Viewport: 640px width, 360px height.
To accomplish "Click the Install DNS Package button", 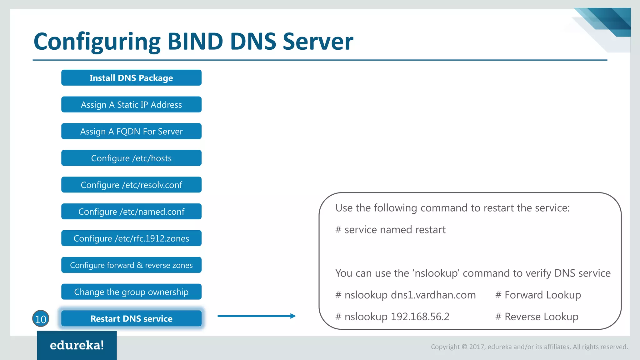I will [x=131, y=78].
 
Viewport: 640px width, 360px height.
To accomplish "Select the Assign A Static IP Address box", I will [x=131, y=105].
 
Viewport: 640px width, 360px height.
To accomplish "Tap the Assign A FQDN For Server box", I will [x=131, y=131].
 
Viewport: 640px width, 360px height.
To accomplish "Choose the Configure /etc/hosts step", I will [x=131, y=158].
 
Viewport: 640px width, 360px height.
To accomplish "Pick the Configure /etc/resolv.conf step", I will [x=131, y=185].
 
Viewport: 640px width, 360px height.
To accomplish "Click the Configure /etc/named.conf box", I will [x=131, y=212].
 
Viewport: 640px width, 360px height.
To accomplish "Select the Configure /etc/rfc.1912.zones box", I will [x=131, y=238].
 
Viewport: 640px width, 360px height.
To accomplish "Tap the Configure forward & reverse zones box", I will [x=131, y=265].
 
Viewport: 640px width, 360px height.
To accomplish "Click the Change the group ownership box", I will [x=131, y=292].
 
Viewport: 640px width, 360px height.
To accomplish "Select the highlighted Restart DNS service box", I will [x=131, y=318].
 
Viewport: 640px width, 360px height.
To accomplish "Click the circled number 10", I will [x=41, y=319].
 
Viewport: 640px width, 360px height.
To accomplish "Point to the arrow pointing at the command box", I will [x=256, y=316].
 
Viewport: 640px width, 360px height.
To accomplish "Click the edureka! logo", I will [x=77, y=345].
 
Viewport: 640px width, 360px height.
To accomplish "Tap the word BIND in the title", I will [x=195, y=41].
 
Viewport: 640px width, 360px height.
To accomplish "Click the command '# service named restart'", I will [x=390, y=230].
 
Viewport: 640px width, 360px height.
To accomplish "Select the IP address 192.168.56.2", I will [x=420, y=317].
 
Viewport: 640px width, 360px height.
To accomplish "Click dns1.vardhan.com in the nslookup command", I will [x=433, y=295].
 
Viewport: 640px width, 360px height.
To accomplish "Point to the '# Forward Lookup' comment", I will [x=538, y=295].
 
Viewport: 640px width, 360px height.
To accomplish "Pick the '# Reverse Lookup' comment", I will [x=537, y=317].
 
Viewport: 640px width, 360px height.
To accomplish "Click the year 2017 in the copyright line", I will [x=477, y=347].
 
